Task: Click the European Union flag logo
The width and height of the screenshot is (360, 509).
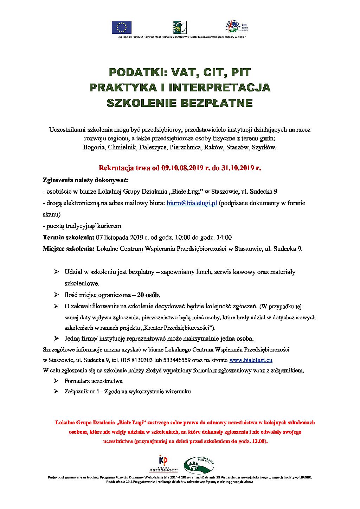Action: tap(122, 27)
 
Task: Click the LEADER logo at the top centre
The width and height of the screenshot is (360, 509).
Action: tap(180, 27)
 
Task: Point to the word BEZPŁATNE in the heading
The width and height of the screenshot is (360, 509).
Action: tap(217, 103)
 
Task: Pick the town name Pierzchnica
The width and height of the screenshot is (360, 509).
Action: tap(185, 147)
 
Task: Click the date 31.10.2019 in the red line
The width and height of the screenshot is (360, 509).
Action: tap(237, 168)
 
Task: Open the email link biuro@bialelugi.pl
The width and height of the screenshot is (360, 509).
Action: tap(192, 203)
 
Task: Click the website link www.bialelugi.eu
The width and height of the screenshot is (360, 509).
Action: tap(251, 360)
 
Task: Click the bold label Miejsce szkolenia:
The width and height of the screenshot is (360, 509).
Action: tap(69, 249)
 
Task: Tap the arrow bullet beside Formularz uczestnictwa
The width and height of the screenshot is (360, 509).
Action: tap(56, 381)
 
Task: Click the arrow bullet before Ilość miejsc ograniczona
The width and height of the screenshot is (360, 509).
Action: tap(56, 295)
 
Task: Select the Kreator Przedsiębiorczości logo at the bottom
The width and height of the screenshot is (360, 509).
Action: tap(163, 464)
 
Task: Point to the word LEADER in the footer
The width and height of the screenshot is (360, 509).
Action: tap(304, 478)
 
